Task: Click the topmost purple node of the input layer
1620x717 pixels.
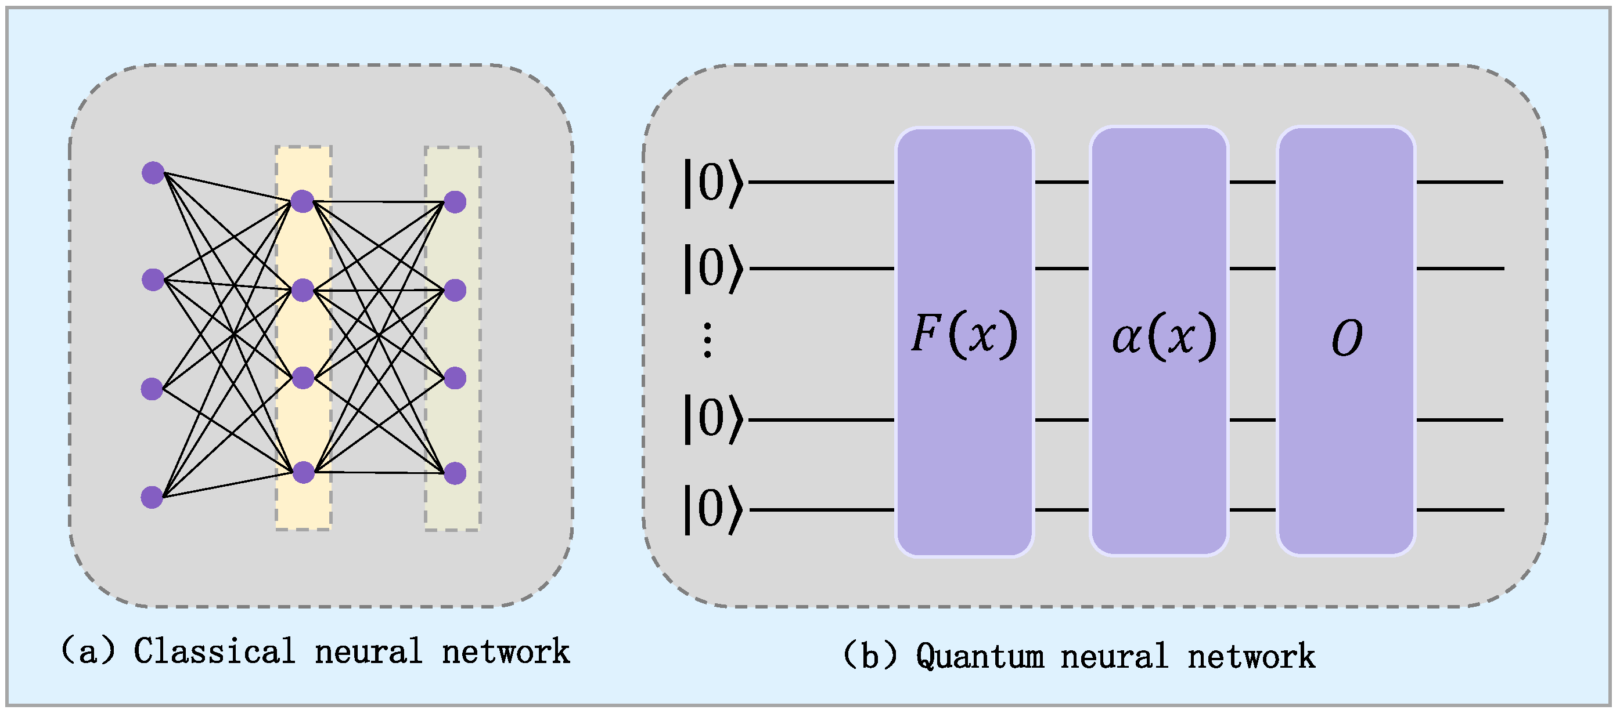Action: point(153,172)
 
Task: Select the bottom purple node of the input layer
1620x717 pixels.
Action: point(152,497)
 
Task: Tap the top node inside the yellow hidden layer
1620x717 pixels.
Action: point(303,201)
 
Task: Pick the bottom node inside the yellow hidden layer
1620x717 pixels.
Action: point(303,472)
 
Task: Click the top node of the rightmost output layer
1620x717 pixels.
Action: point(455,202)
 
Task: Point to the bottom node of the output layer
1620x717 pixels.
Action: point(455,473)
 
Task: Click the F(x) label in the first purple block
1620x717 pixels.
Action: point(963,334)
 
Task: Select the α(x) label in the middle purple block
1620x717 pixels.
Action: point(1164,337)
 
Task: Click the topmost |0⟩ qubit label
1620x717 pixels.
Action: point(713,183)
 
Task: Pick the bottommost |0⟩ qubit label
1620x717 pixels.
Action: point(713,509)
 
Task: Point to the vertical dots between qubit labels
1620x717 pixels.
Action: point(707,340)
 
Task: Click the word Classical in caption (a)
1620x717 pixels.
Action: point(214,651)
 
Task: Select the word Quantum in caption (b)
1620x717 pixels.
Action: point(979,656)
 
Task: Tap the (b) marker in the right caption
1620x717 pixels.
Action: point(869,656)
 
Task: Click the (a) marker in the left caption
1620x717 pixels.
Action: point(88,651)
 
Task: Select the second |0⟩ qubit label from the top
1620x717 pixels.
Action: point(713,269)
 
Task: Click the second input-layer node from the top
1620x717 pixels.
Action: point(153,280)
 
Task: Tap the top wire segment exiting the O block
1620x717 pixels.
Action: point(1459,182)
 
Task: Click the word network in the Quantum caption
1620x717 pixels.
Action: point(1251,656)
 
